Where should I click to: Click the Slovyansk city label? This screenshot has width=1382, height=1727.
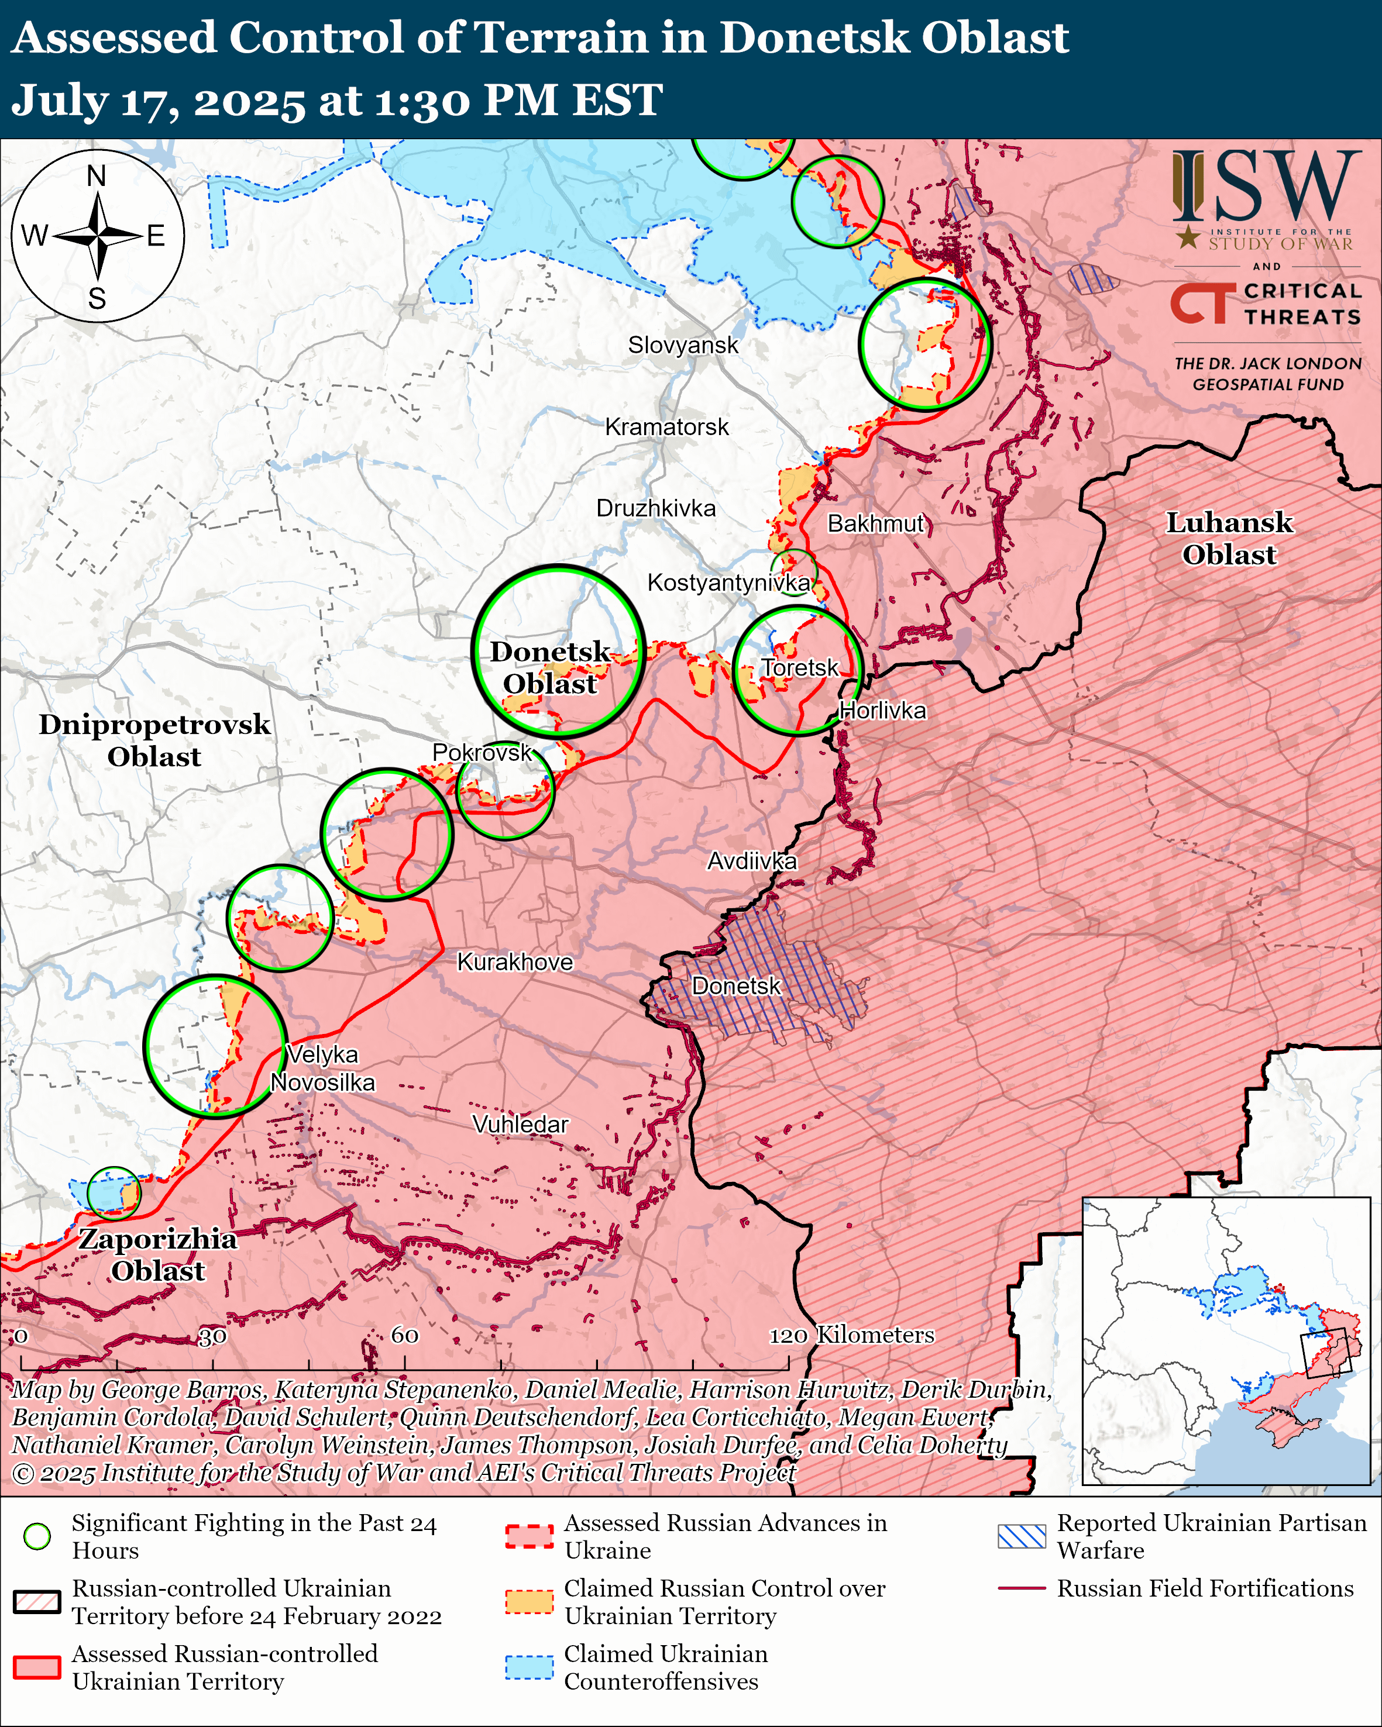(x=683, y=345)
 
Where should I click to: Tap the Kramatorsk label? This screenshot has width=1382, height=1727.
(x=666, y=427)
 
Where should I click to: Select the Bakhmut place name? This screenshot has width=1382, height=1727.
(x=876, y=524)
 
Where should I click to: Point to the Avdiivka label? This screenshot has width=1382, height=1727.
(x=751, y=861)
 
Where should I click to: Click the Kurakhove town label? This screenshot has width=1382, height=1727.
(x=514, y=962)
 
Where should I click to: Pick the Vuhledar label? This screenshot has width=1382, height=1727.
(x=520, y=1125)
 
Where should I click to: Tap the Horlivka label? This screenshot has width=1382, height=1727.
(x=883, y=711)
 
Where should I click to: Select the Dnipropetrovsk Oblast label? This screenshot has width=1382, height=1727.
(x=154, y=740)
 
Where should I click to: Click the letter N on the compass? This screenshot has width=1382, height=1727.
(x=96, y=175)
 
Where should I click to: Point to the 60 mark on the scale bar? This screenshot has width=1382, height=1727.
(x=404, y=1335)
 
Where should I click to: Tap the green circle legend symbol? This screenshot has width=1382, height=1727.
(x=37, y=1536)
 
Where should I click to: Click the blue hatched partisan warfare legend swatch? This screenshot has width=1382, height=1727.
(x=1022, y=1536)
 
